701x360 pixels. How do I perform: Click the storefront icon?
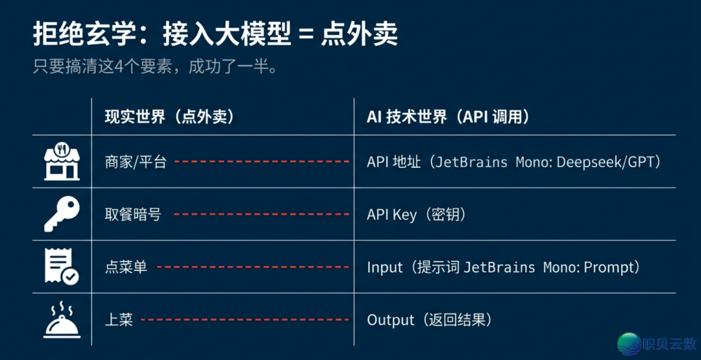point(62,162)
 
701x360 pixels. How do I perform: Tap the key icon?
point(62,215)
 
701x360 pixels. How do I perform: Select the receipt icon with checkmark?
point(62,267)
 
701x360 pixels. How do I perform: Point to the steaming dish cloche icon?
point(62,320)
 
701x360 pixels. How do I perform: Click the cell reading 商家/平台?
point(136,162)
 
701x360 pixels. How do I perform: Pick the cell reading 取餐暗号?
point(133,215)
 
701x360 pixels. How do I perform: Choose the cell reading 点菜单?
point(126,267)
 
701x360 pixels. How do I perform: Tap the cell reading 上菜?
point(119,320)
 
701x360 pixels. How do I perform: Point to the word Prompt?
point(609,267)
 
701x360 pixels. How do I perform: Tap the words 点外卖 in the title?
point(359,36)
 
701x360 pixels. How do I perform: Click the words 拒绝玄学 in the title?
point(71,36)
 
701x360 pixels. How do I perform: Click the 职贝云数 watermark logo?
point(656,344)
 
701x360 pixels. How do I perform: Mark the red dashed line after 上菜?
point(245,320)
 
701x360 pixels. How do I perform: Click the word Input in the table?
point(384,267)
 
